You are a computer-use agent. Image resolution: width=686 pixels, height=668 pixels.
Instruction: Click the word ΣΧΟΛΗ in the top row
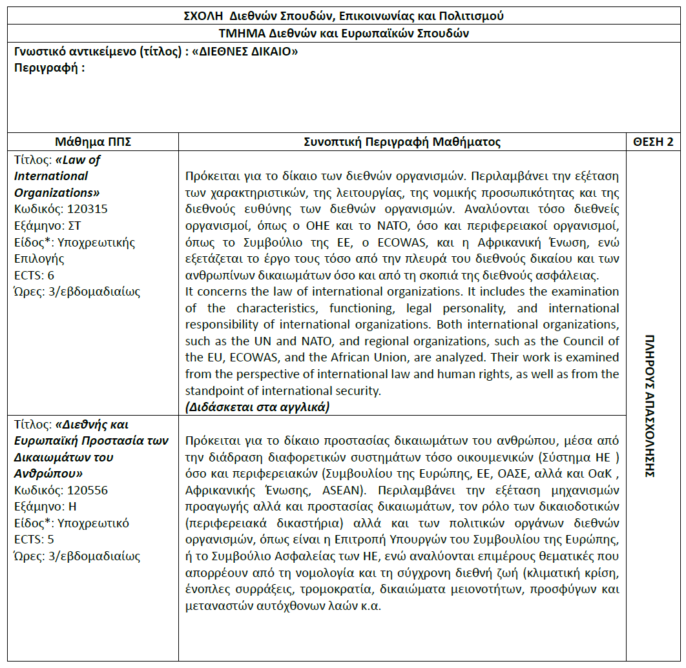coord(202,15)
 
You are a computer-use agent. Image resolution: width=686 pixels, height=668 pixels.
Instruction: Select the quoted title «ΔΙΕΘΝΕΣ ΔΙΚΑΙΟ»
coord(245,52)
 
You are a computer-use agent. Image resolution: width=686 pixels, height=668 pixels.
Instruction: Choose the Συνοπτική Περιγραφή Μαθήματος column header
coord(402,142)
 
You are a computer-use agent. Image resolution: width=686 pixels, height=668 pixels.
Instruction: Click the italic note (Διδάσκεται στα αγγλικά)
coord(257,407)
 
